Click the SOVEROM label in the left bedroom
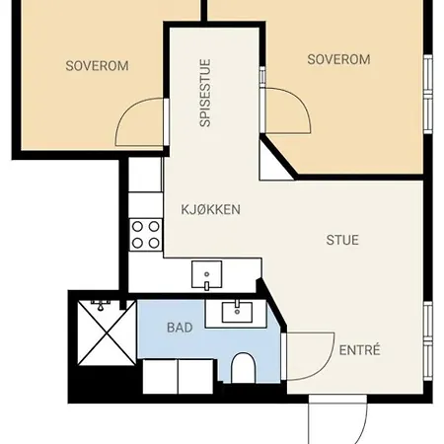[97, 66]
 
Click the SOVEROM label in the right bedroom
[338, 59]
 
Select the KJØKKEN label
[210, 210]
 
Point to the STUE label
[342, 240]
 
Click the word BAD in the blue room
[180, 327]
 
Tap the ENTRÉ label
[359, 350]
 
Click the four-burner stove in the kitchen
[146, 235]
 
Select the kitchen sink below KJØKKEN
[207, 274]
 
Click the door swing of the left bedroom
[138, 123]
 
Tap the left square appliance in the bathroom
[160, 376]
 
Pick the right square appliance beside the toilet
[195, 376]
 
